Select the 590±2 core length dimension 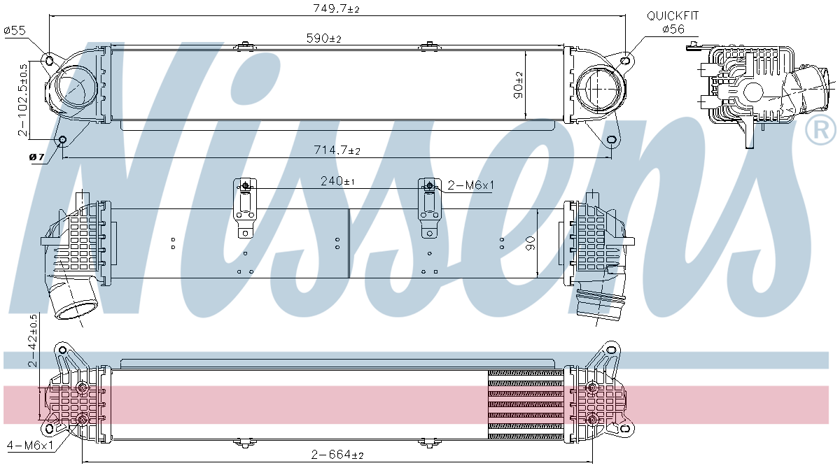(x=323, y=38)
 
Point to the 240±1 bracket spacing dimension (x=337, y=181)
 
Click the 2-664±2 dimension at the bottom (x=338, y=455)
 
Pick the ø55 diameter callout (x=15, y=30)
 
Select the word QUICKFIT (x=673, y=15)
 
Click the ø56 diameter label (x=673, y=29)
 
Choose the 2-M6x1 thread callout (x=471, y=185)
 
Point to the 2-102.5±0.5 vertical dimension (x=24, y=99)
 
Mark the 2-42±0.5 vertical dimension (x=32, y=341)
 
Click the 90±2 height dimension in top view (x=518, y=85)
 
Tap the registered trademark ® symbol (x=820, y=131)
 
